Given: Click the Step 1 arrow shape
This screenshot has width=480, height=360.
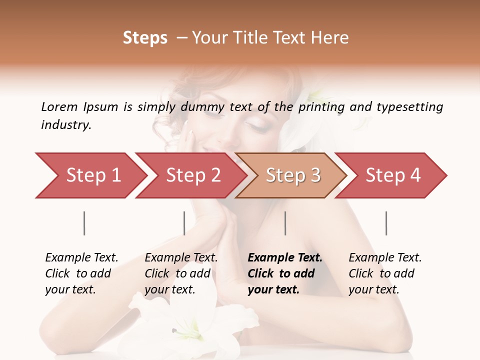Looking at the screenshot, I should click(x=92, y=175).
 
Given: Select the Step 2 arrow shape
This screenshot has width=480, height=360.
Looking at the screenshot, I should click(x=192, y=175).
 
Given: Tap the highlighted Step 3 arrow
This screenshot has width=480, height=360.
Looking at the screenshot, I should click(x=292, y=175).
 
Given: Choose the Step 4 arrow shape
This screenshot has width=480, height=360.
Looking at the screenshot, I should click(x=392, y=175).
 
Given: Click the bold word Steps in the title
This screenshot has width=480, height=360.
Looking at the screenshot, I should click(x=145, y=38).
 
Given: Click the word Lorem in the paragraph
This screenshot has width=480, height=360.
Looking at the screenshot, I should click(x=59, y=107).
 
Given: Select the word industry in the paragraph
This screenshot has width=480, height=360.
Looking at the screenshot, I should click(x=65, y=125).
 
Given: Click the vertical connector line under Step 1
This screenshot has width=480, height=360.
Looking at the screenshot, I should click(x=84, y=223).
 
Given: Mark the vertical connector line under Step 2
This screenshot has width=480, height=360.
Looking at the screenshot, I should click(x=184, y=223).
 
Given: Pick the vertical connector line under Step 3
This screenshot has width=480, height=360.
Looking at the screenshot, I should click(x=285, y=223).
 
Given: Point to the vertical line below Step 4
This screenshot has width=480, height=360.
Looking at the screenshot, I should click(x=386, y=223).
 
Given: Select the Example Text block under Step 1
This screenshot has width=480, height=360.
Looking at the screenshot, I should click(x=81, y=273).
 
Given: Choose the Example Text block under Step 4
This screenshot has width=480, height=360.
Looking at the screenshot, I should click(x=385, y=273).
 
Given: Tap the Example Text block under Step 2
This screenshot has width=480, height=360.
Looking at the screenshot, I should click(x=181, y=273).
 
